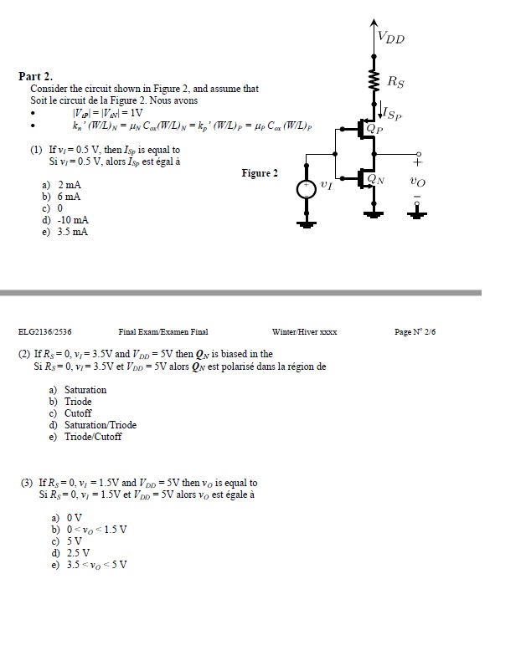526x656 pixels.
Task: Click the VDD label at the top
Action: pyautogui.click(x=390, y=37)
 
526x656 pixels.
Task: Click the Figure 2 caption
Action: pyautogui.click(x=260, y=173)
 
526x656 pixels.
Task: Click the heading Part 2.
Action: pyautogui.click(x=36, y=76)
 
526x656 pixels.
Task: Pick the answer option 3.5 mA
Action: pyautogui.click(x=64, y=232)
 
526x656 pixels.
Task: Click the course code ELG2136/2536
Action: pyautogui.click(x=44, y=332)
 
